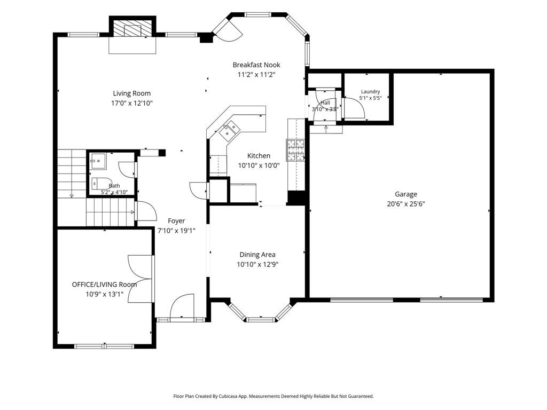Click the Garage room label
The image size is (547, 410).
tap(406, 194)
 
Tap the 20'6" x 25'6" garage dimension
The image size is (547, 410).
tap(406, 204)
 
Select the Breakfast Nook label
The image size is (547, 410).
tap(256, 65)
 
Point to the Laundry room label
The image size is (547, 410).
tap(371, 92)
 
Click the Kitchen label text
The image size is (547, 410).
tap(259, 156)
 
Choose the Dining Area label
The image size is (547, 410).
tap(257, 255)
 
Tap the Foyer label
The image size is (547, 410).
tap(176, 220)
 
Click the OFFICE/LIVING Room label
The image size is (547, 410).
tap(104, 285)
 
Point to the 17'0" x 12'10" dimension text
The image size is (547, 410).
tap(132, 103)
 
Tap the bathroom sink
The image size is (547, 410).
tap(98, 161)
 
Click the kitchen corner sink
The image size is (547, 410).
tap(230, 129)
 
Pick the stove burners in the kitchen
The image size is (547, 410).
tap(295, 150)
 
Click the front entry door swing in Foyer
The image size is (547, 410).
tap(182, 306)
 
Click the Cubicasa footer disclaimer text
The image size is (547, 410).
tap(273, 396)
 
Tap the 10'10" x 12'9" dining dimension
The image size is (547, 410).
tap(257, 265)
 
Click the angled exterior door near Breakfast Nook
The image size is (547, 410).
tap(228, 30)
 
